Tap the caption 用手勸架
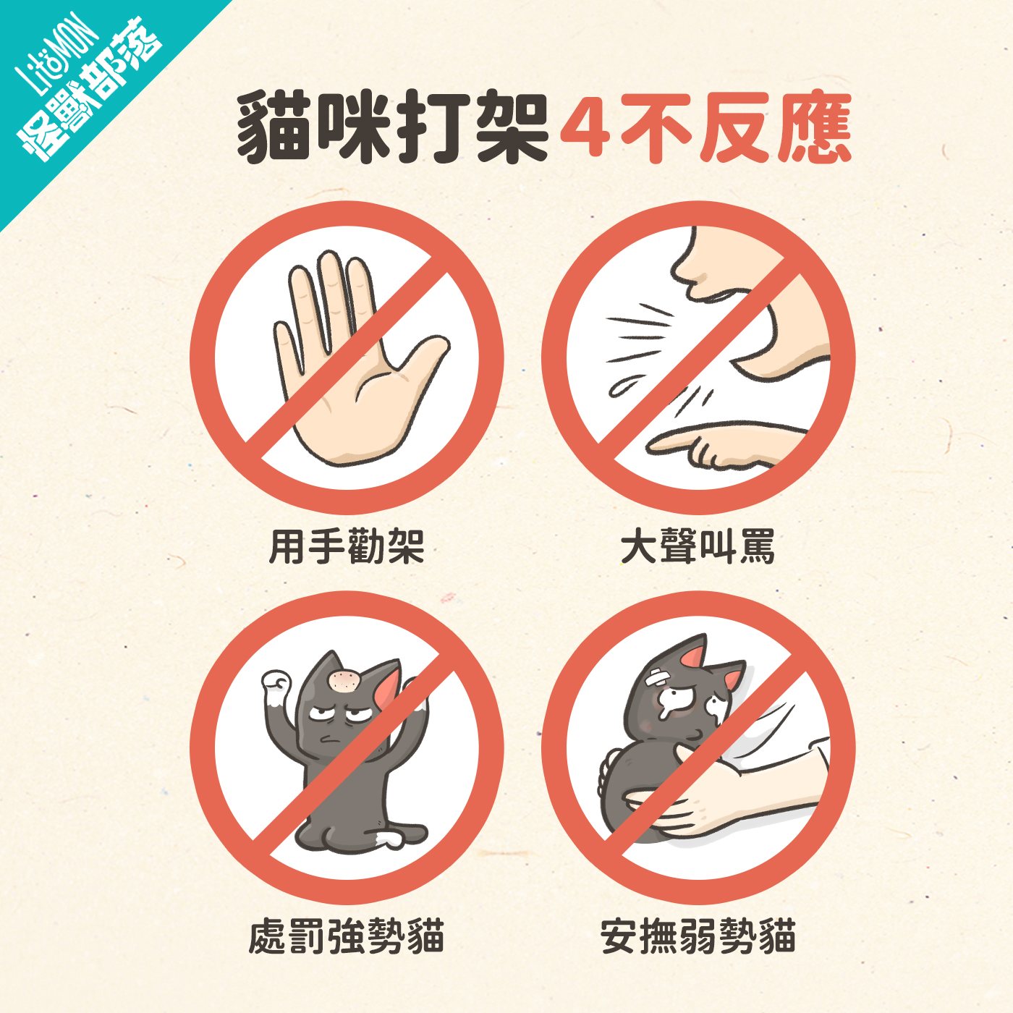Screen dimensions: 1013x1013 (x=347, y=547)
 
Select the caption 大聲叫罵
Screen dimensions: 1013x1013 (x=698, y=547)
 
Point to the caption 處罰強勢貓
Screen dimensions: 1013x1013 (x=347, y=936)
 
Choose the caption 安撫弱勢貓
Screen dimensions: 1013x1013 (x=698, y=936)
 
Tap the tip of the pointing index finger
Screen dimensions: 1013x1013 (x=653, y=445)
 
